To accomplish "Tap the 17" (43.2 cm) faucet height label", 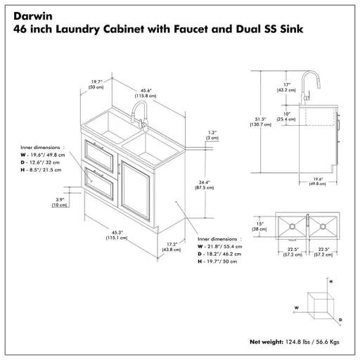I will [x=285, y=88].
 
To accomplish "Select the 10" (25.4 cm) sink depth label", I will [x=285, y=117].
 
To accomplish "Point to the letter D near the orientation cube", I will [x=340, y=319].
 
